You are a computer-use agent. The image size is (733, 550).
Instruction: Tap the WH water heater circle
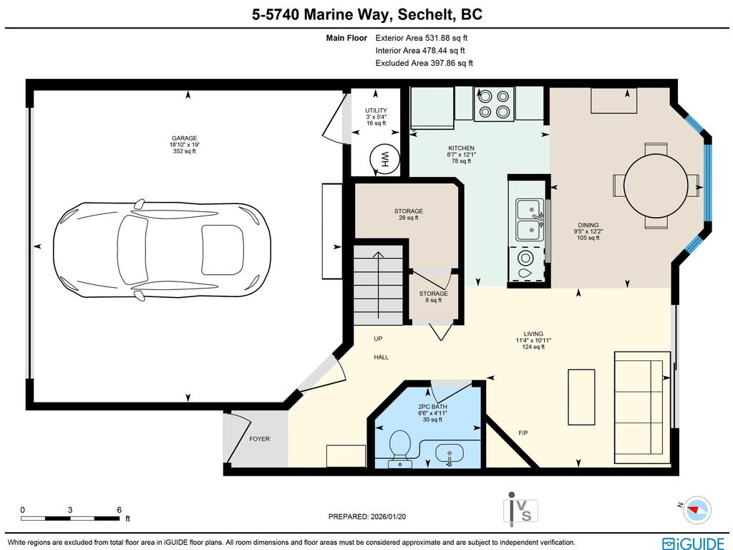coord(384,160)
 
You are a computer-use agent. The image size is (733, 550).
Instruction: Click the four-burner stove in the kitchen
coord(494,104)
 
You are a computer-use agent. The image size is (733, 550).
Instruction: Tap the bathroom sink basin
coord(448,453)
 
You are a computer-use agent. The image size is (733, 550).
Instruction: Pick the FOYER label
coord(259,439)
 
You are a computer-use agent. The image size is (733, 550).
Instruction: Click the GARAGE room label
coord(184,138)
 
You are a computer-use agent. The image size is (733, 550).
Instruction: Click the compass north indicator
coord(696,509)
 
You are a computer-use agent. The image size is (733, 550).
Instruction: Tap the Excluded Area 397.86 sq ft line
coord(424,63)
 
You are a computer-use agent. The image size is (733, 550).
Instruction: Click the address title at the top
coord(366,14)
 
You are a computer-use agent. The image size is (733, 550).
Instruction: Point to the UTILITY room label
coord(376,110)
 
